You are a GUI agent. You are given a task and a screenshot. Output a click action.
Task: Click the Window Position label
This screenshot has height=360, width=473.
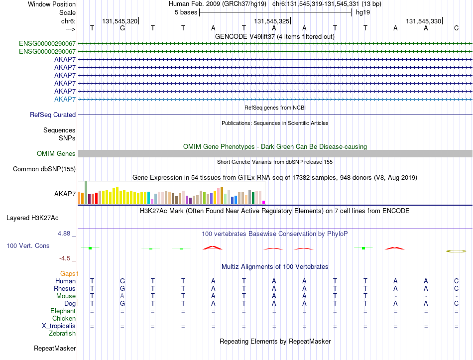(x=52, y=4)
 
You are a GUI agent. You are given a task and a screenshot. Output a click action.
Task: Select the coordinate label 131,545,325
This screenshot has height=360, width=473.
(x=271, y=21)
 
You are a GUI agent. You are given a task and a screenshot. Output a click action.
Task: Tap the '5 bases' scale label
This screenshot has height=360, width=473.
(x=186, y=12)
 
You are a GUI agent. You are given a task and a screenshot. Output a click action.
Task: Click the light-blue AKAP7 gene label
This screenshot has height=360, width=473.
(x=65, y=99)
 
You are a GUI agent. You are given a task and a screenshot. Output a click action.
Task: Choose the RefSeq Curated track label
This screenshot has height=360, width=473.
(x=53, y=115)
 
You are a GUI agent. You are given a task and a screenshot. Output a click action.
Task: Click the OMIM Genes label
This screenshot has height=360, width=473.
(x=56, y=153)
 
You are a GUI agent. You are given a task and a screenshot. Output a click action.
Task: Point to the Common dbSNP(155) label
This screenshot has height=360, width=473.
(x=44, y=169)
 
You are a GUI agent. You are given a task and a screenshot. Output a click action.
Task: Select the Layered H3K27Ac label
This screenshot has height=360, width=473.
(x=32, y=218)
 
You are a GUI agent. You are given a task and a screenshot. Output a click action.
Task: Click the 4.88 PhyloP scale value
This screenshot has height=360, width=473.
(x=64, y=234)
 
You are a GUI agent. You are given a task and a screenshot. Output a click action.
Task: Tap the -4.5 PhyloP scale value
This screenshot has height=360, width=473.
(x=65, y=258)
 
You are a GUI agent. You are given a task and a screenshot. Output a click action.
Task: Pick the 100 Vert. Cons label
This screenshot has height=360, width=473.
(x=28, y=245)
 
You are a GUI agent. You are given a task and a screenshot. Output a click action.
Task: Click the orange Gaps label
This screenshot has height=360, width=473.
(x=68, y=273)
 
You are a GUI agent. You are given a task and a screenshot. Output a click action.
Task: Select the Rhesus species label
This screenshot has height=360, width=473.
(x=65, y=288)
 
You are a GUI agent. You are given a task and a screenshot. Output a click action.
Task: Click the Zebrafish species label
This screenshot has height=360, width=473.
(x=62, y=334)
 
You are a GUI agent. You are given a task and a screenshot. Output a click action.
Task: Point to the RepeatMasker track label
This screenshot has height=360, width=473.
(x=55, y=348)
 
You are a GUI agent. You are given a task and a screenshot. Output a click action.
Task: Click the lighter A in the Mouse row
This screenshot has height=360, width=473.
(x=122, y=296)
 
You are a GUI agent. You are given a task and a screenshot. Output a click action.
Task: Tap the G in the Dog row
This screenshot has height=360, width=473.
(x=122, y=303)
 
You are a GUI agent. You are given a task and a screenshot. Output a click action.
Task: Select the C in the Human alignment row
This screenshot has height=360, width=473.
(x=456, y=281)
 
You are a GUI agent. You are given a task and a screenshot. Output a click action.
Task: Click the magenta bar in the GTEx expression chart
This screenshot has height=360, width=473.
(x=264, y=203)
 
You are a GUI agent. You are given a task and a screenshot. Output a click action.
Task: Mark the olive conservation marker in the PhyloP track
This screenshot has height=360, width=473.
(x=456, y=251)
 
